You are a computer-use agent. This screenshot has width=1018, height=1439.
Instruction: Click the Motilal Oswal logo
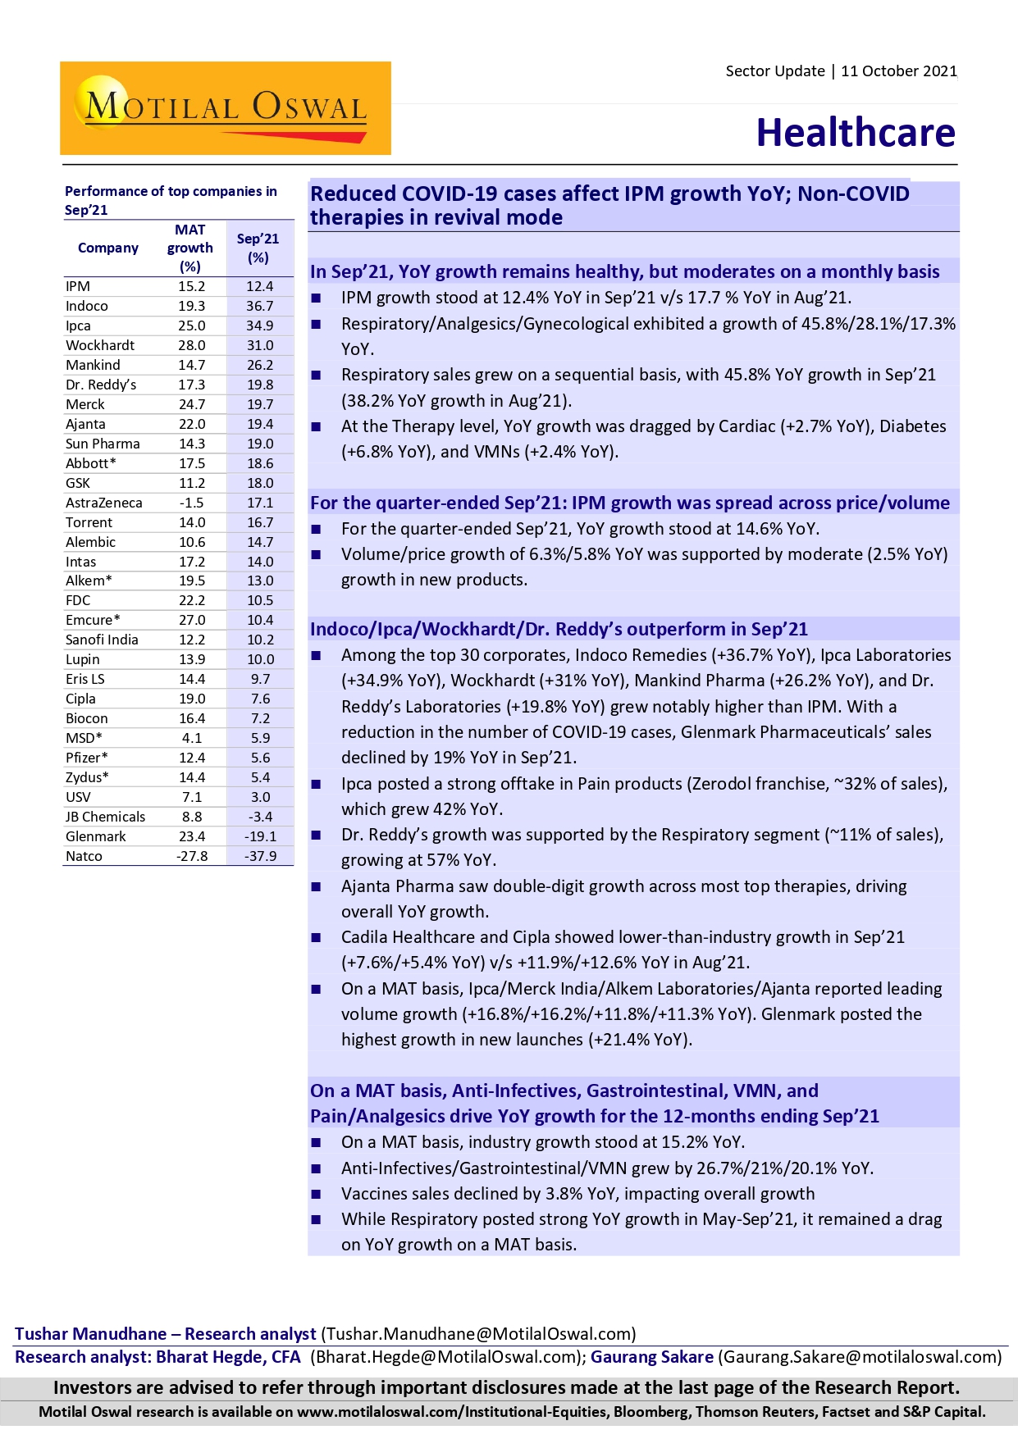coord(225,108)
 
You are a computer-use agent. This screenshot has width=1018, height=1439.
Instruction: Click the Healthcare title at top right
coord(856,133)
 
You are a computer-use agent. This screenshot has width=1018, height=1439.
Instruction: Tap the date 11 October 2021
coord(898,71)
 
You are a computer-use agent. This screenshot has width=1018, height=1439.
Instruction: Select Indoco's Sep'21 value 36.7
coord(259,306)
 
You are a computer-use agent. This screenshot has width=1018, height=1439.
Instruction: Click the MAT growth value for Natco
coord(192,856)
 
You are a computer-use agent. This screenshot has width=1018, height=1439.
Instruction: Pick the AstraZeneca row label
coord(104,503)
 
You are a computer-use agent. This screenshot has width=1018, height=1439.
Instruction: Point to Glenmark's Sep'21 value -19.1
coord(260,836)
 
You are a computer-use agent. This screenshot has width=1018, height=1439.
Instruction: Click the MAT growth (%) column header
coord(190,248)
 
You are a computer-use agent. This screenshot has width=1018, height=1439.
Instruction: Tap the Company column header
coord(107,248)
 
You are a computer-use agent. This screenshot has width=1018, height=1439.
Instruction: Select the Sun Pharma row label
coord(103,444)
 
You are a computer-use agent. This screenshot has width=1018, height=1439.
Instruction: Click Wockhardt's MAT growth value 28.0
coord(192,345)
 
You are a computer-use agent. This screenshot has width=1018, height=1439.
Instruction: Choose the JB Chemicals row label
coord(105,817)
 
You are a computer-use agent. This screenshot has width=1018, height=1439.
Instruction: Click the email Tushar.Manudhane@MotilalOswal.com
coord(478,1334)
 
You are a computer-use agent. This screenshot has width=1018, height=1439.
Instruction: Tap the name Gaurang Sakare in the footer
coord(652,1357)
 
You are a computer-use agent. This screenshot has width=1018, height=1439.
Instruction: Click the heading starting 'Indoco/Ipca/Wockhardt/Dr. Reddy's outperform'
coord(559,629)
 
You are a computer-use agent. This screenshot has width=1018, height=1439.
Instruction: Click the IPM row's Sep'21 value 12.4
coord(259,286)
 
